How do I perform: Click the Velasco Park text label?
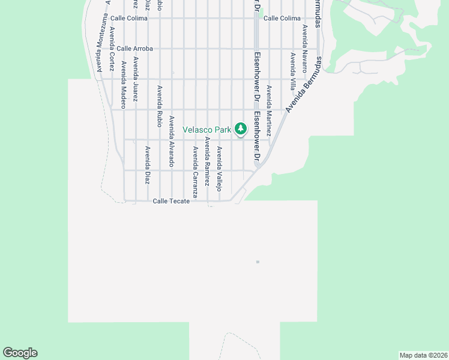pos(207,129)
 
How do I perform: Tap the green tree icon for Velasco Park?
pos(241,128)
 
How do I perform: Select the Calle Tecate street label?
pos(171,202)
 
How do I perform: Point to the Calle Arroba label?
pos(135,49)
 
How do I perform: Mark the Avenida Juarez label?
pos(136,79)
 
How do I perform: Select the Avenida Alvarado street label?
pos(171,141)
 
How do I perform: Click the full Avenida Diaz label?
pos(147,164)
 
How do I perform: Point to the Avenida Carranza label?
pos(195,172)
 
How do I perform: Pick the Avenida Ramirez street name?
pos(207,161)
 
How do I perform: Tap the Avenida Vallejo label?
pos(220,169)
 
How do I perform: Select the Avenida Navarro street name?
pos(304,44)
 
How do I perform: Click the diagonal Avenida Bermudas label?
pos(304,85)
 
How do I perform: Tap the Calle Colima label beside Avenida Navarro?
pos(282,18)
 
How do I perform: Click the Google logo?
pos(20,353)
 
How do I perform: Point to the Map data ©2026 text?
pos(423,355)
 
